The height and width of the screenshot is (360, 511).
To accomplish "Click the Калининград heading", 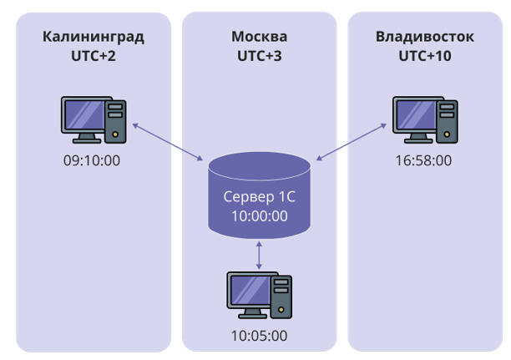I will tap(93, 37).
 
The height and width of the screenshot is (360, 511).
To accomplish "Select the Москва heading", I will tap(259, 37).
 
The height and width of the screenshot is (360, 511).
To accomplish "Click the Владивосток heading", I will tap(425, 37).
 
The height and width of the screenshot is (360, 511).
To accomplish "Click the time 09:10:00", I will tap(93, 159).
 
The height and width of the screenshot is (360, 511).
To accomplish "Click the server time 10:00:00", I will tap(259, 216).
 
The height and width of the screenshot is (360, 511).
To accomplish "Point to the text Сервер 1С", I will tap(259, 198).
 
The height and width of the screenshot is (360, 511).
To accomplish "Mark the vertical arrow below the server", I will tap(260, 253).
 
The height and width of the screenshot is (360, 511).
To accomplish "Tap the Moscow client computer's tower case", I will tap(283, 297).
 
